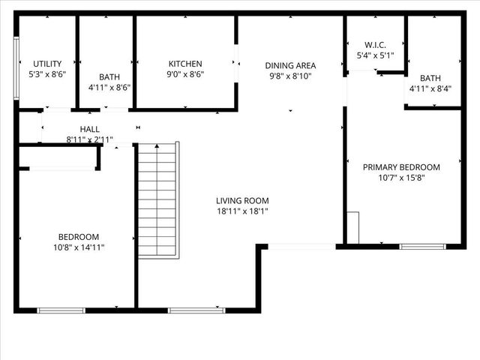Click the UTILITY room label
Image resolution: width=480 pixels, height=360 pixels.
(x=46, y=64)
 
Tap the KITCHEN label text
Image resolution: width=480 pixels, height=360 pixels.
(x=184, y=64)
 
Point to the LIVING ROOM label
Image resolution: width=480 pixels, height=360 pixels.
(x=242, y=201)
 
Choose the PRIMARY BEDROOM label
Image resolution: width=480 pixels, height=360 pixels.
(x=401, y=167)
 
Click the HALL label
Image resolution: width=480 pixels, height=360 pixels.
(x=89, y=130)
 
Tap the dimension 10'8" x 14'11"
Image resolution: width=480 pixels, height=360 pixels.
(x=78, y=247)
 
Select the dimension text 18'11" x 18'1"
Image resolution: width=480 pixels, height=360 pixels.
(x=242, y=212)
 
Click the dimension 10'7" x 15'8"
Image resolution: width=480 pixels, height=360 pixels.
(x=401, y=178)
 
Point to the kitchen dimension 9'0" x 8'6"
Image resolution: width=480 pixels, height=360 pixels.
(x=184, y=74)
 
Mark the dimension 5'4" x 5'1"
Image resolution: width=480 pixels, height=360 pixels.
(x=373, y=55)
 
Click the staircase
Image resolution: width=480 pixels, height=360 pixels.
(x=158, y=199)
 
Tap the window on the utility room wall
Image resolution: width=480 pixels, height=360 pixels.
(x=17, y=67)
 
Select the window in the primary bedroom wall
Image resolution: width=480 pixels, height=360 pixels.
(x=422, y=246)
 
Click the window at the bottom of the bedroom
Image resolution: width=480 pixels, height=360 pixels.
(x=61, y=310)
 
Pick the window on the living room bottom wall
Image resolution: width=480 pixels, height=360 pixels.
(x=186, y=310)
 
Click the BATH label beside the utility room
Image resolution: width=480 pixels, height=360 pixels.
(x=109, y=76)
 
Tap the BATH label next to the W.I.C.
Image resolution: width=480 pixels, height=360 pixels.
(x=430, y=78)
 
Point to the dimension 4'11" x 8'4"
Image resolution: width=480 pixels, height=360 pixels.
(x=430, y=88)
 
